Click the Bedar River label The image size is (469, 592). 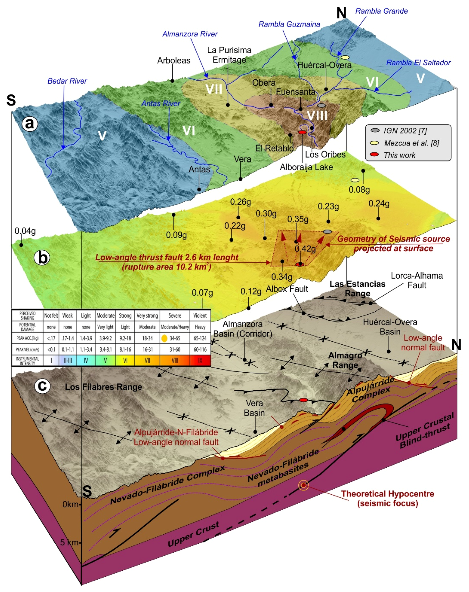67,81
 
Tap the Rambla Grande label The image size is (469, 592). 381,11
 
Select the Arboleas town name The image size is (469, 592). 174,60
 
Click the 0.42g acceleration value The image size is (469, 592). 305,249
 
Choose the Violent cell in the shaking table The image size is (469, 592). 200,315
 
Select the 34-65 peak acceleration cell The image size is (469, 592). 175,338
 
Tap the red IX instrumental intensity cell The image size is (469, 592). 200,360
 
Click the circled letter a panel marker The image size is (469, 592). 30,124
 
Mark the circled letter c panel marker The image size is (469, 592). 42,386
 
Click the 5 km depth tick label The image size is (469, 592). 69,542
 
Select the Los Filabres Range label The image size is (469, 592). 103,387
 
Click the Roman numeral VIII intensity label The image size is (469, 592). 317,115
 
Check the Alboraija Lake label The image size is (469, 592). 306,167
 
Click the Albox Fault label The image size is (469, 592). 287,289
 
